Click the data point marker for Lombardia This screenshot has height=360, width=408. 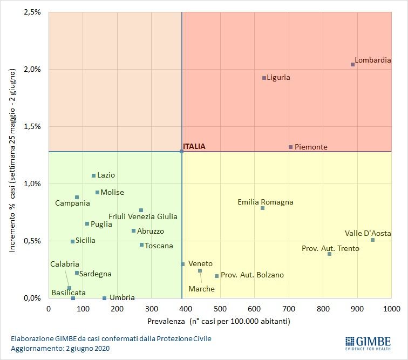(x=352, y=64)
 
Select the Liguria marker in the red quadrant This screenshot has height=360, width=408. (x=264, y=78)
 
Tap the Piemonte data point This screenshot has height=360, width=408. (x=290, y=147)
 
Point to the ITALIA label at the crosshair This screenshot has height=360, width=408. (x=194, y=146)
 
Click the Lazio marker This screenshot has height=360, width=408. (x=93, y=175)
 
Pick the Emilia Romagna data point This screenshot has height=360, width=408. (x=262, y=208)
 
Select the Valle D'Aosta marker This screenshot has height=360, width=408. (x=372, y=240)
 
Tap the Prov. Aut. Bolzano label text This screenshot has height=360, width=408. (x=252, y=275)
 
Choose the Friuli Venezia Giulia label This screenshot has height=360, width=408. (x=142, y=217)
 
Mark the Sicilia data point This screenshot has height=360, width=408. (x=72, y=241)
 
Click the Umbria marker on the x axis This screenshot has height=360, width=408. (x=104, y=298)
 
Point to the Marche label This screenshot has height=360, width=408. (x=201, y=289)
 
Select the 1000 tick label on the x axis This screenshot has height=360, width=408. (x=391, y=309)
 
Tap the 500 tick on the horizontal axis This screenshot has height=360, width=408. (x=220, y=309)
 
